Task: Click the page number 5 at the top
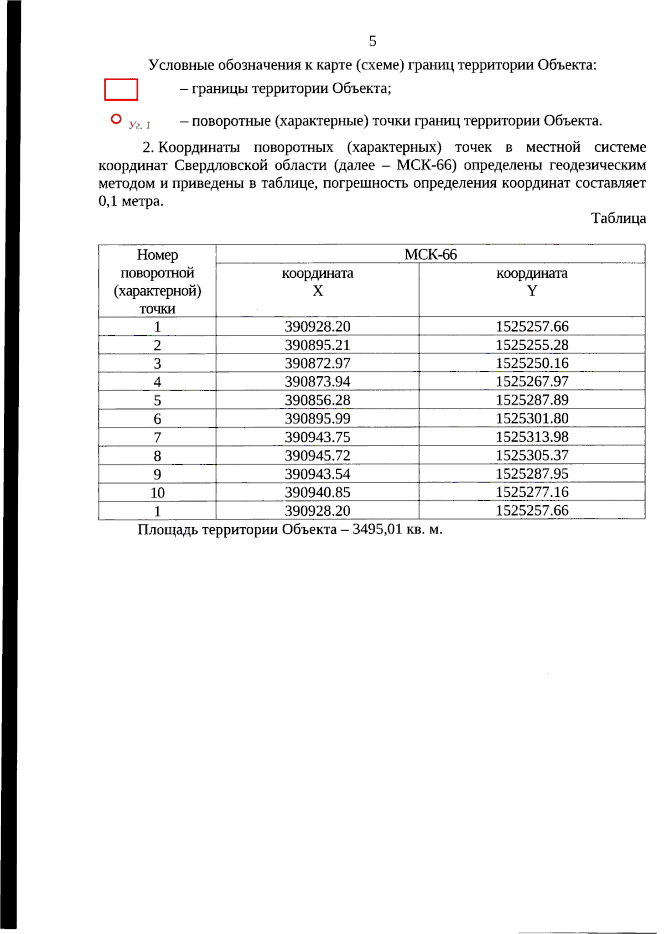tap(372, 41)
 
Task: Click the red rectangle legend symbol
tap(121, 90)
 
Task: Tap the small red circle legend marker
tap(116, 119)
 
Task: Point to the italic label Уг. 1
tap(139, 125)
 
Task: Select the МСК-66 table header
tap(430, 255)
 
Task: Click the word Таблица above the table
tap(618, 219)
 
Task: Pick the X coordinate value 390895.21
tap(317, 345)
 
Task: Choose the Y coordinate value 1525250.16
tap(532, 364)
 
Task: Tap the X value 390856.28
tap(317, 400)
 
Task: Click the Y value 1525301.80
tap(532, 418)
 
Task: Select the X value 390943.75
tap(317, 437)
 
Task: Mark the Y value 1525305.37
tap(532, 455)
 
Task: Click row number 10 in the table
tap(158, 493)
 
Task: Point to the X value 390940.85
tap(317, 492)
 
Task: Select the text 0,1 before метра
tap(108, 201)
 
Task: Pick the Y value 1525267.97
tap(532, 382)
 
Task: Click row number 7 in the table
tap(158, 438)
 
